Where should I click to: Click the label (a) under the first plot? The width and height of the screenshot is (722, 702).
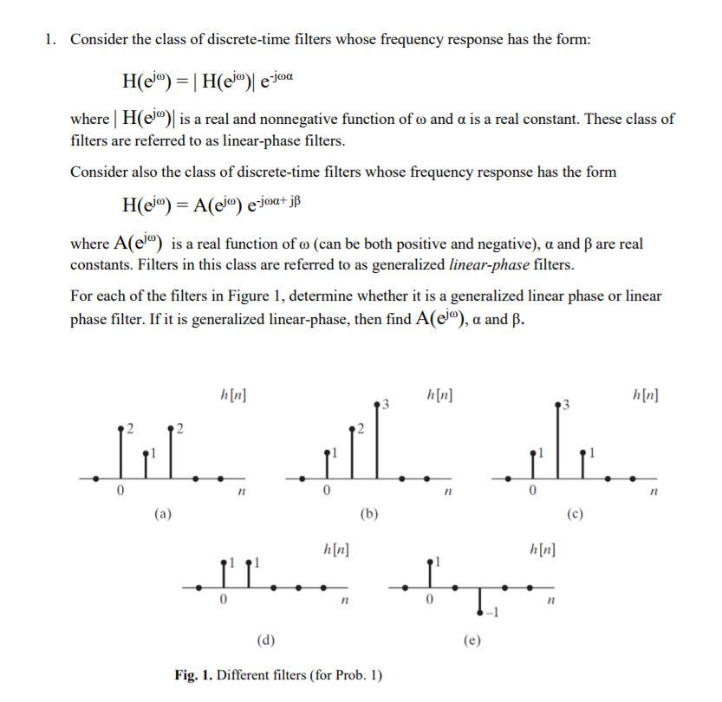(x=162, y=513)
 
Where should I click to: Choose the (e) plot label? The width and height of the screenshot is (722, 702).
(x=472, y=640)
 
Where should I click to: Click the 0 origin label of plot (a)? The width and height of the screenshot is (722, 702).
(x=120, y=492)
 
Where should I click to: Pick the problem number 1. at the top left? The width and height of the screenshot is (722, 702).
(x=53, y=39)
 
